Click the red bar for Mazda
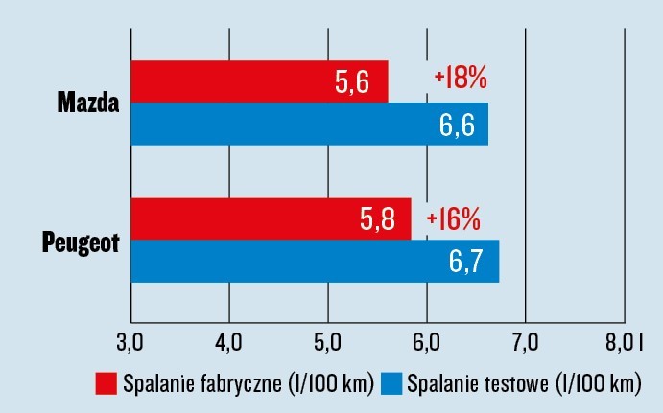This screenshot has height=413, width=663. [x=259, y=81]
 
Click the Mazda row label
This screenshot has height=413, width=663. [x=88, y=103]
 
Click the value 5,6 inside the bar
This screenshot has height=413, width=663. [x=352, y=82]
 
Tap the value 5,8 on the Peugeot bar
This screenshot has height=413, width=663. [x=374, y=220]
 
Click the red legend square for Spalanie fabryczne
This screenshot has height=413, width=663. [x=106, y=383]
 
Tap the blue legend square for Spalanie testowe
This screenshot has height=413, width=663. [x=391, y=383]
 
